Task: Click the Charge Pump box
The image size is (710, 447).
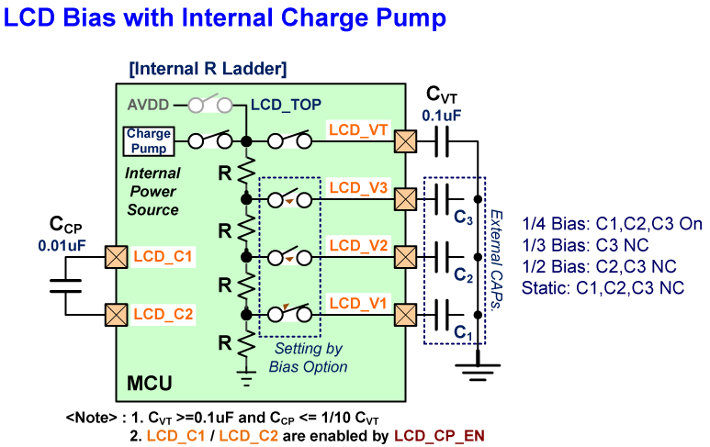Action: point(149,140)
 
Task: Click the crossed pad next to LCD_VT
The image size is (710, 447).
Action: point(404,141)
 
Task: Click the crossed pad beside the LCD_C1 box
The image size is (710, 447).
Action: point(116,257)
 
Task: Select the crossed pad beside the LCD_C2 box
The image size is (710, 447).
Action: point(116,315)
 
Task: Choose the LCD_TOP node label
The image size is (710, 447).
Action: point(286,105)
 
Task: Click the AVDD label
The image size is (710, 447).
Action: point(146,105)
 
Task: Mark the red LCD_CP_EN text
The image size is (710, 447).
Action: point(439,435)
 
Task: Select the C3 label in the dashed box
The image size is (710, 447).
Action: point(463,218)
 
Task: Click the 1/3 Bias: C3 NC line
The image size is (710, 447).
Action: point(581,244)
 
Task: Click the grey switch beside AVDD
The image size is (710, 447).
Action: point(208,105)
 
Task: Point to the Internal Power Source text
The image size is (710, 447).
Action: point(152,191)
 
